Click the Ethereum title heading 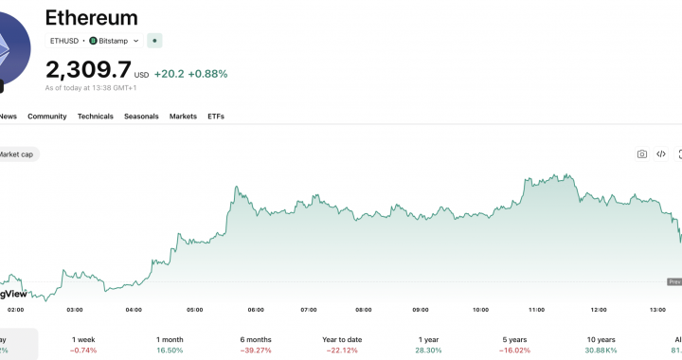tap(92, 18)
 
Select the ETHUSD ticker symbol tap(64, 41)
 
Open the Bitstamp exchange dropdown tap(114, 41)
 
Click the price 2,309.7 tap(88, 69)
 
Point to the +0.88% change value tap(207, 73)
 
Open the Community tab tap(47, 117)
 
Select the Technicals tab tap(96, 117)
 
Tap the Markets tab tap(183, 117)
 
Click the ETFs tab tap(216, 117)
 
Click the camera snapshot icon tap(641, 154)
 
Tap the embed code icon tap(661, 154)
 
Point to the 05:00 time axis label tap(195, 310)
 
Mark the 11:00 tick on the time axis tap(536, 310)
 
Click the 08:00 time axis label tap(364, 310)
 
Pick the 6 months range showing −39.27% tap(256, 345)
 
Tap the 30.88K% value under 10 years tap(601, 351)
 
